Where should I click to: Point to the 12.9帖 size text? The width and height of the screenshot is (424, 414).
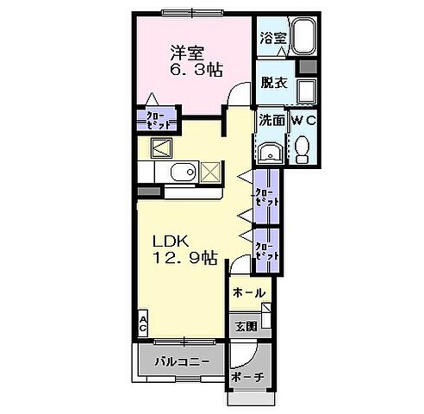point(184,258)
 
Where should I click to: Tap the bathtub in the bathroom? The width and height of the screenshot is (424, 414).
point(304,37)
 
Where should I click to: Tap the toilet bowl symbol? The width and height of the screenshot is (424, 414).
point(302,150)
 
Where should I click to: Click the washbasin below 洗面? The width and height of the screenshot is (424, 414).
point(270,152)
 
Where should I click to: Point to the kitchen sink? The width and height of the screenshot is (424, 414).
point(182,173)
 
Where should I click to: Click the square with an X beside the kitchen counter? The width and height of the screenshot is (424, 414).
point(210,172)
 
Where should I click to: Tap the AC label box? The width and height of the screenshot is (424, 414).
point(143,323)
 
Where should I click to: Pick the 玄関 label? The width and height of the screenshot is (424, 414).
point(246,326)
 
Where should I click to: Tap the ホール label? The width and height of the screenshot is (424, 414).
point(250,293)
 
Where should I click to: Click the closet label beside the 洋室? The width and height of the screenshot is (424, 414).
point(156,118)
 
